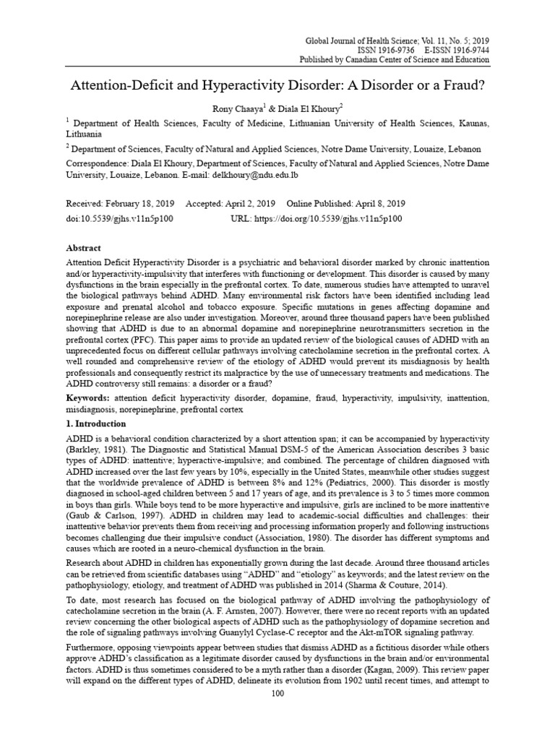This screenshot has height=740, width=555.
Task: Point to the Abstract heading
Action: pos(85,247)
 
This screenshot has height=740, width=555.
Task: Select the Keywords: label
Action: pos(90,398)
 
